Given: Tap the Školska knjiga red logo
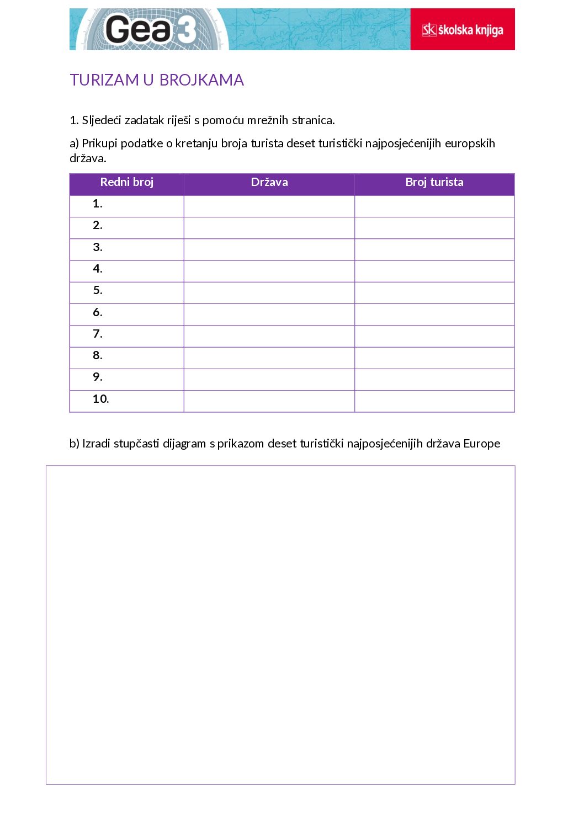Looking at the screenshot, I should coord(463,30).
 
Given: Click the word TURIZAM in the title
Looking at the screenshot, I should coord(104,80).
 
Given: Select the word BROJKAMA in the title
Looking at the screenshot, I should coord(201,80).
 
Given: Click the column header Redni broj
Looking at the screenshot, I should coord(126,182).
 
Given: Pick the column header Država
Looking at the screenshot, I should coord(269,182).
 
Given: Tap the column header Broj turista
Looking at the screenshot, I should coord(434,182).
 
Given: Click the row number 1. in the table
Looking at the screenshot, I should coord(98,204).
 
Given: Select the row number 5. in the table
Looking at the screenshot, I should coord(98,291).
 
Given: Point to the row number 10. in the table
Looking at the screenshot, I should coord(100,399).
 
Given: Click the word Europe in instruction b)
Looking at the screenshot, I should coord(481,444).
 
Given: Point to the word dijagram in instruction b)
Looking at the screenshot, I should coord(184,444).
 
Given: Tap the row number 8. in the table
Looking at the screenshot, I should coord(98,356).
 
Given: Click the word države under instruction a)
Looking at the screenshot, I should coord(87,158).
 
